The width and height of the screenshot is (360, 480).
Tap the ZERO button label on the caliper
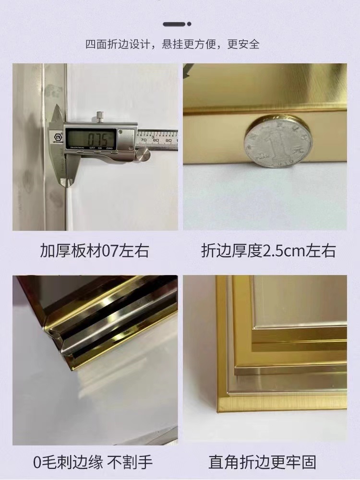[109, 148]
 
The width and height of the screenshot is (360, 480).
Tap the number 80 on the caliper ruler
[156, 140]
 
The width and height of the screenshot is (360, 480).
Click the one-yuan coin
[278, 142]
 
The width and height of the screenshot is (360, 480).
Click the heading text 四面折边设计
[118, 45]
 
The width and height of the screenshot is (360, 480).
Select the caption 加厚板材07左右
[95, 251]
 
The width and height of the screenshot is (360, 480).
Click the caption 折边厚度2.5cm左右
[268, 251]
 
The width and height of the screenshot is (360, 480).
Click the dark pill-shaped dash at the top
[174, 24]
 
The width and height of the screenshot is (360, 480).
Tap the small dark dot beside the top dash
[189, 24]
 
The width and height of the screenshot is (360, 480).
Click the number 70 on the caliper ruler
[144, 140]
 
